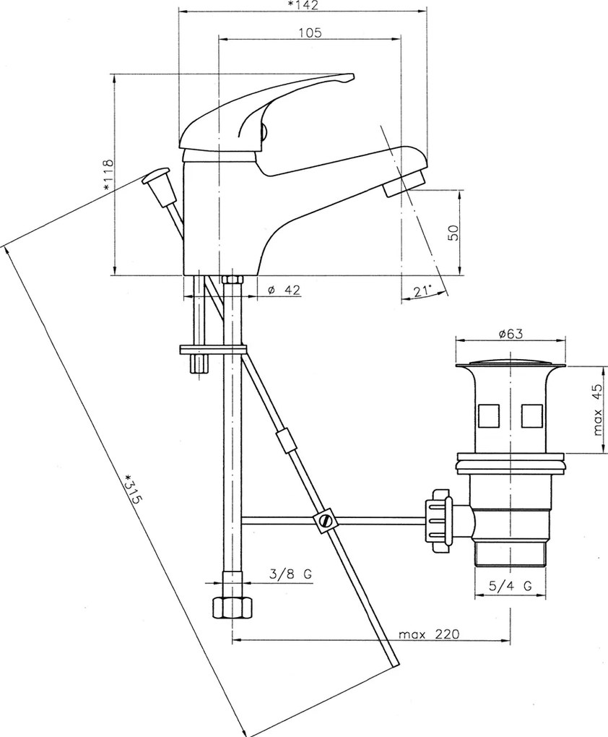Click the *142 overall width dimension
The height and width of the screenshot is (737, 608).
(x=303, y=5)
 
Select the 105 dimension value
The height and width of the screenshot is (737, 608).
(x=310, y=33)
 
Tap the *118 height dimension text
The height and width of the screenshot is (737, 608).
(x=108, y=175)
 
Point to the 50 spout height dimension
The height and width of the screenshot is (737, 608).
(x=453, y=232)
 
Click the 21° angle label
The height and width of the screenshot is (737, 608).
(x=423, y=291)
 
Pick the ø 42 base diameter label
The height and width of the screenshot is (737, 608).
(x=284, y=290)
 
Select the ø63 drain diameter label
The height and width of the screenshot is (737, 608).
(x=511, y=334)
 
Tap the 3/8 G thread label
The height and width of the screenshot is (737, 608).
(x=291, y=574)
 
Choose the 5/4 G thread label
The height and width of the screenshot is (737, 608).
(x=511, y=586)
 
